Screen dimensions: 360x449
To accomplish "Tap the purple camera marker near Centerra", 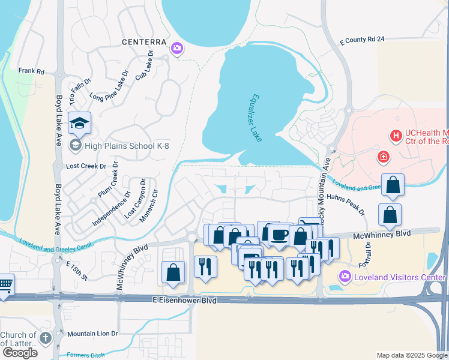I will pos(177,49).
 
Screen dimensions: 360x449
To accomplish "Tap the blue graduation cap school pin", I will pos(79,123).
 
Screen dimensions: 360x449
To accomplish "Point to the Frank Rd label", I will pos(32,71).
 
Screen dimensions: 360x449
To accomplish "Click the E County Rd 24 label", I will pos(361,40).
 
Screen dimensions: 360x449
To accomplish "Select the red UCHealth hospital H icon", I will pos(396,136).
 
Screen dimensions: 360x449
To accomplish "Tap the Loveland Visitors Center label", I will pos(399,277).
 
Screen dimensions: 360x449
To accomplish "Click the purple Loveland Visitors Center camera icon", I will pos(345,277).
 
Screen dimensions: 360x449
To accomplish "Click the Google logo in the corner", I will pos(19,352).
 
